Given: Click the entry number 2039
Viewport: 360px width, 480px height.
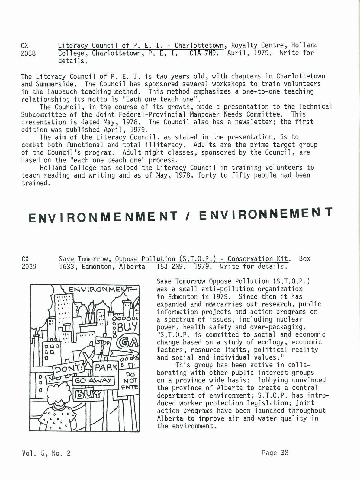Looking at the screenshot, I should [29, 267].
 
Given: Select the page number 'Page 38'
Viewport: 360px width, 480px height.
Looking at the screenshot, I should [275, 453].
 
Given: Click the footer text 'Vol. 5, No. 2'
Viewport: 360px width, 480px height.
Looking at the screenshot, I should [46, 453].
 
